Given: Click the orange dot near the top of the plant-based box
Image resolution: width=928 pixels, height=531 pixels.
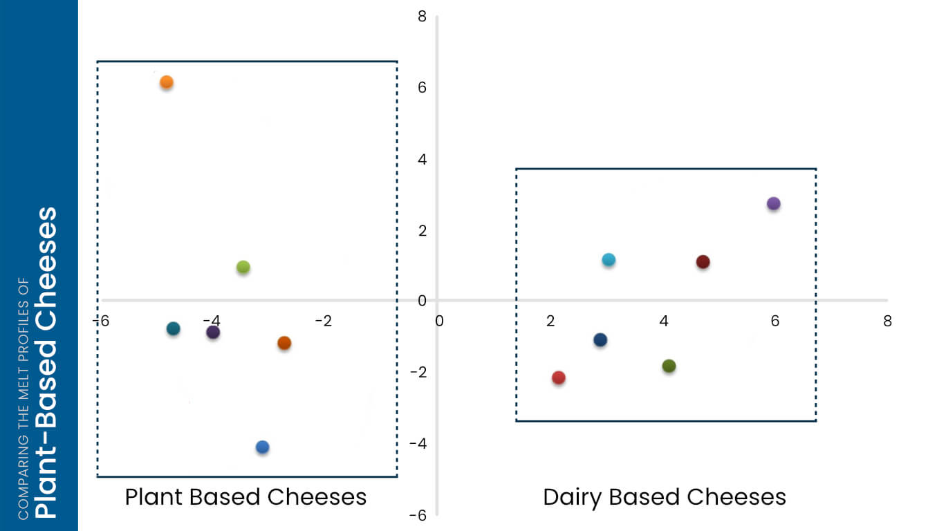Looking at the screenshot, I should pos(166,82).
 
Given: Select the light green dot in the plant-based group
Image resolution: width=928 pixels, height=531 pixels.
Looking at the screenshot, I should pos(243,267).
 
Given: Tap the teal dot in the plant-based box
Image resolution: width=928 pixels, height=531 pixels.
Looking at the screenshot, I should pos(174,328).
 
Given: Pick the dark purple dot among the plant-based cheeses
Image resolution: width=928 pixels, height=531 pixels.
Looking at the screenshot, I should pos(213,332).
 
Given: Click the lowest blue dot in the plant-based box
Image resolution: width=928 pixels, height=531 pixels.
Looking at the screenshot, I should pos(262,447).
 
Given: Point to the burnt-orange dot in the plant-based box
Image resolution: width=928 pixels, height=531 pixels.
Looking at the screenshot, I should pos(284,343).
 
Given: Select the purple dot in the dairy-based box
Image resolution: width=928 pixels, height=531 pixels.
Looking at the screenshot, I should pos(773,203).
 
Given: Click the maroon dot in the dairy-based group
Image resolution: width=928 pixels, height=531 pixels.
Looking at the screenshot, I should pos(703,262).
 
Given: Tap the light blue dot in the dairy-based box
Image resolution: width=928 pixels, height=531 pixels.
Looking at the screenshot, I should pos(609,260).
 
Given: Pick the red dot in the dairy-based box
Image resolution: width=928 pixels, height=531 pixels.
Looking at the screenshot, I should pos(559,378).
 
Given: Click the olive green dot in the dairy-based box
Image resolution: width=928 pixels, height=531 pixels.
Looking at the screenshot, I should pos(669,366).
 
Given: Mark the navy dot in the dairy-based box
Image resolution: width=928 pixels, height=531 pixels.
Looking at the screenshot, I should pos(600,340).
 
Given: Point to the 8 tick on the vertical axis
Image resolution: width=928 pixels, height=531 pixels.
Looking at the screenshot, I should pos(422,16).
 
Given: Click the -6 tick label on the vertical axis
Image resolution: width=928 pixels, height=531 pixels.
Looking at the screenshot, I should pos(418,515).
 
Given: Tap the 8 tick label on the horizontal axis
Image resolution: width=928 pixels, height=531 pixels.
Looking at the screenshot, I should pos(887,321).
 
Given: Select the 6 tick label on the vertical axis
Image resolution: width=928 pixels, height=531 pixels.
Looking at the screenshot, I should pos(422,88).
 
